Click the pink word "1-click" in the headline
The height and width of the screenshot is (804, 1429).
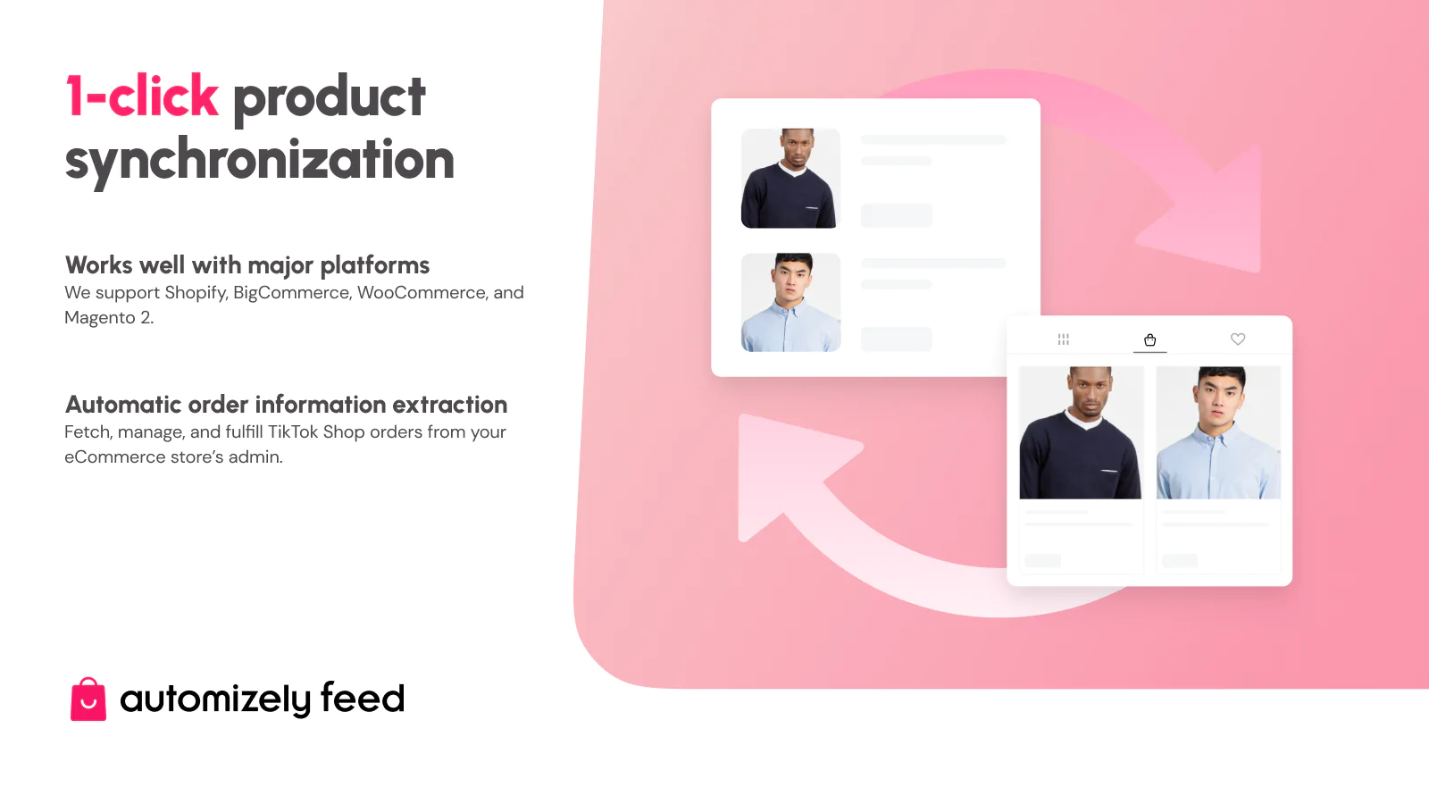pyautogui.click(x=142, y=96)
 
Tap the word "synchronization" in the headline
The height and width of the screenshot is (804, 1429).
pyautogui.click(x=259, y=161)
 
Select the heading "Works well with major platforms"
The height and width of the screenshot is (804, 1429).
pyautogui.click(x=247, y=265)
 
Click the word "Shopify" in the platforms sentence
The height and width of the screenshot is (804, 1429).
pyautogui.click(x=196, y=293)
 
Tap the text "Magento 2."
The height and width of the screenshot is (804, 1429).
pyautogui.click(x=109, y=318)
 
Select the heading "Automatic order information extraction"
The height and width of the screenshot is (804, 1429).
pyautogui.click(x=286, y=405)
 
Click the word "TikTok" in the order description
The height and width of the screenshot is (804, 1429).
pyautogui.click(x=293, y=432)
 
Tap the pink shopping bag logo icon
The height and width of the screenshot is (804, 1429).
pyautogui.click(x=88, y=699)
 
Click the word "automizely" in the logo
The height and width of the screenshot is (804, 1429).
pyautogui.click(x=215, y=699)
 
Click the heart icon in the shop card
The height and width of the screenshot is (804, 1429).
pyautogui.click(x=1238, y=339)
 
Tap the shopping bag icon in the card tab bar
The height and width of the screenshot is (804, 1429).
pyautogui.click(x=1150, y=339)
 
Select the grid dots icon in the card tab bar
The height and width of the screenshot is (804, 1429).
pyautogui.click(x=1063, y=339)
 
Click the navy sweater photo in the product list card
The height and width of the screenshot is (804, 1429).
pyautogui.click(x=790, y=179)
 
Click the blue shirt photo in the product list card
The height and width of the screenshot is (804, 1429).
pyautogui.click(x=790, y=303)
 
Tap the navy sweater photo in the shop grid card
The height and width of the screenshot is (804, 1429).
pyautogui.click(x=1081, y=432)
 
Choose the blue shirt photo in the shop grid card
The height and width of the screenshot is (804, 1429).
pyautogui.click(x=1218, y=432)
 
